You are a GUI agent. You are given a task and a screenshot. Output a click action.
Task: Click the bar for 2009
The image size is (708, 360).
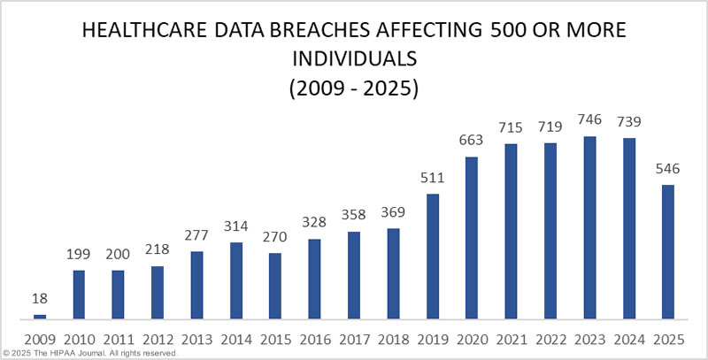(x=39, y=316)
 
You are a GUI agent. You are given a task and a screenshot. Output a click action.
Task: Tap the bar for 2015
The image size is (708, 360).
(x=274, y=286)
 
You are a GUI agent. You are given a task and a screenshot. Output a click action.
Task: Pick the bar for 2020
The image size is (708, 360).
(x=471, y=237)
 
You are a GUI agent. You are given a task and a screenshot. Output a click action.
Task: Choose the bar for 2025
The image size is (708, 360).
(x=667, y=251)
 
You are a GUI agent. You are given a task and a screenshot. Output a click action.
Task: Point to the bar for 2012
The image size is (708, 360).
(x=157, y=292)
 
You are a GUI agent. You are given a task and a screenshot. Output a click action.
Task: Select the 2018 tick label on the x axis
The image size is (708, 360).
(x=392, y=338)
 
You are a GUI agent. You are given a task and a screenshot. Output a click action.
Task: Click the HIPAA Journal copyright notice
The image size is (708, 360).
(x=89, y=353)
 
